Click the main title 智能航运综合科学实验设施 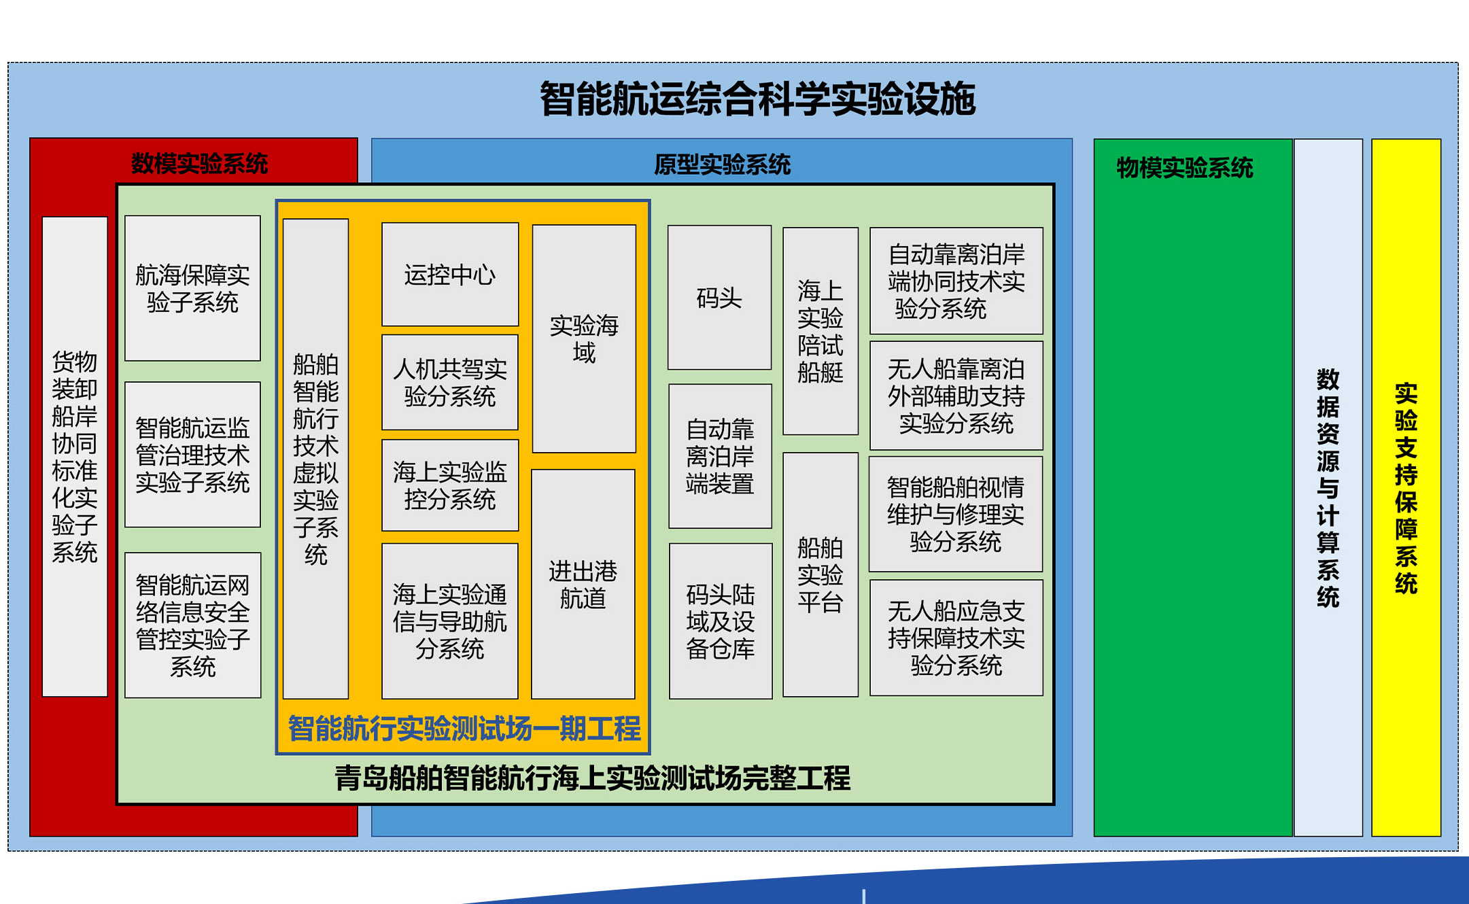[x=757, y=99]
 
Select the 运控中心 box [x=450, y=275]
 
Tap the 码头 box [x=719, y=298]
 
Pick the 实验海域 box [x=584, y=338]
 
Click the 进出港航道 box [x=583, y=584]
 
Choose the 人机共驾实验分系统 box [x=450, y=382]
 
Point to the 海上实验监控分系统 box [x=450, y=485]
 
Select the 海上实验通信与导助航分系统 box [x=450, y=621]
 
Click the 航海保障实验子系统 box [x=193, y=288]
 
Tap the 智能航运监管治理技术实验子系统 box [x=193, y=455]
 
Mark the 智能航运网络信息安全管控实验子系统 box [x=193, y=625]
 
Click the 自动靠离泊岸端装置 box [x=720, y=456]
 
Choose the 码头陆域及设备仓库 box [x=721, y=621]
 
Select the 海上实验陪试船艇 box [x=820, y=331]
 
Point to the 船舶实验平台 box [x=820, y=575]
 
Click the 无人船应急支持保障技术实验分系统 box [x=956, y=638]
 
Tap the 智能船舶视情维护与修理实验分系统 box [x=956, y=514]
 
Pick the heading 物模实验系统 [x=1185, y=168]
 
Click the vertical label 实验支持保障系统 [x=1406, y=488]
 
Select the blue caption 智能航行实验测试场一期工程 [x=464, y=729]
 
